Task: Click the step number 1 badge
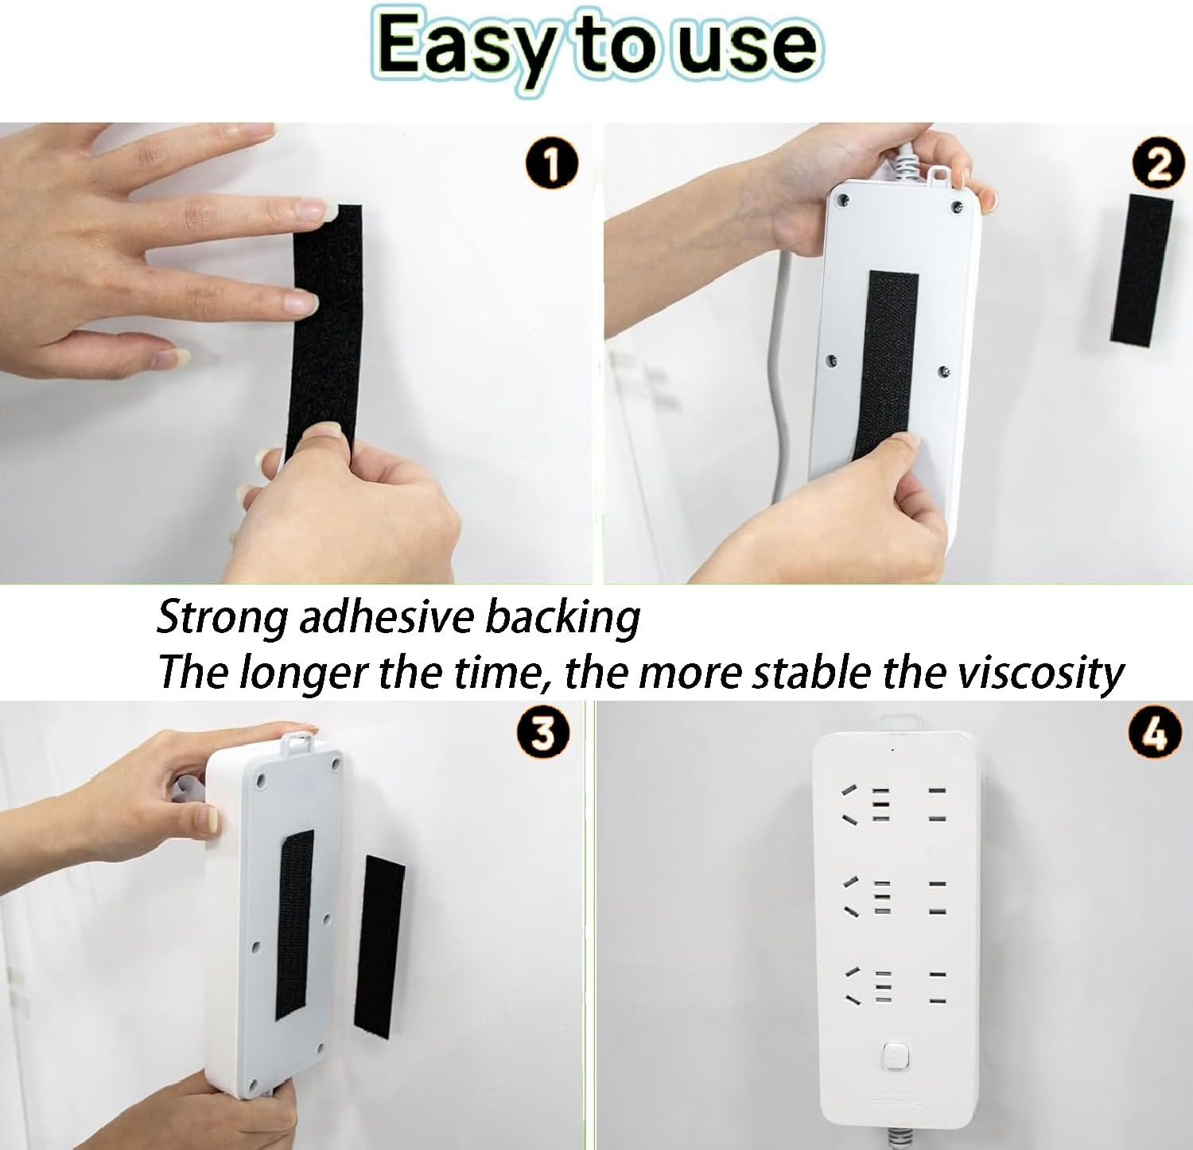pos(551,165)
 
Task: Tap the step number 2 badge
pos(1159,166)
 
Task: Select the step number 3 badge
pos(543,732)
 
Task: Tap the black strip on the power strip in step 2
pos(885,366)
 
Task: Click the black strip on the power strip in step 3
pos(294,925)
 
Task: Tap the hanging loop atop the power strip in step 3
pos(301,741)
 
